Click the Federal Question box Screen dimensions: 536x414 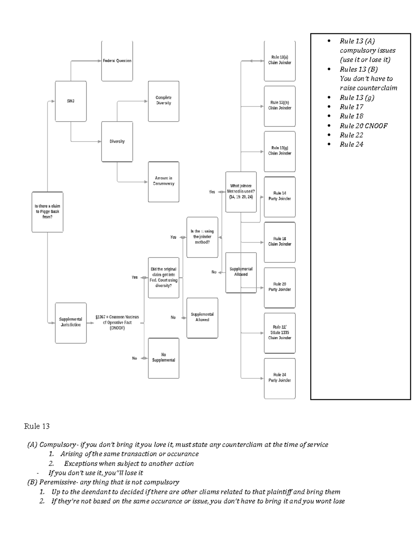[x=117, y=61]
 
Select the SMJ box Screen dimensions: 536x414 [x=71, y=101]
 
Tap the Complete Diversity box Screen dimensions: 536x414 [x=164, y=101]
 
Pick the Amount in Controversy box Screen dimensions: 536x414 [x=164, y=182]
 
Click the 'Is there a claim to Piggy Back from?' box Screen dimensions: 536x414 [x=47, y=212]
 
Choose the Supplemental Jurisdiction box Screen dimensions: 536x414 [x=71, y=322]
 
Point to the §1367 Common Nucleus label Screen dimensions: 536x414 [x=117, y=322]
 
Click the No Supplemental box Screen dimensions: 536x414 [x=164, y=358]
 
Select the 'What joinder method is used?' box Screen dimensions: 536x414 [x=241, y=192]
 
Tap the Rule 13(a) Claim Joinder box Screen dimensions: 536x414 [x=280, y=60]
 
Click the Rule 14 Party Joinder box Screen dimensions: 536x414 [x=280, y=196]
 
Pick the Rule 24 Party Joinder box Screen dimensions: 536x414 [x=280, y=378]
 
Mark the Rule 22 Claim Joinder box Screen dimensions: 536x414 [x=280, y=333]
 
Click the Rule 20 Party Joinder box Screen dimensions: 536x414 [x=280, y=287]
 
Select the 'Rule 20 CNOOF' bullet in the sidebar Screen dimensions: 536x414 [x=363, y=126]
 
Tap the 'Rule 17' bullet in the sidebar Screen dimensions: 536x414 [x=351, y=107]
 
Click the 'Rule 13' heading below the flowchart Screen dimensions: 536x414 [x=37, y=427]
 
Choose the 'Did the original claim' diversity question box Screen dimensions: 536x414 [x=164, y=277]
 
